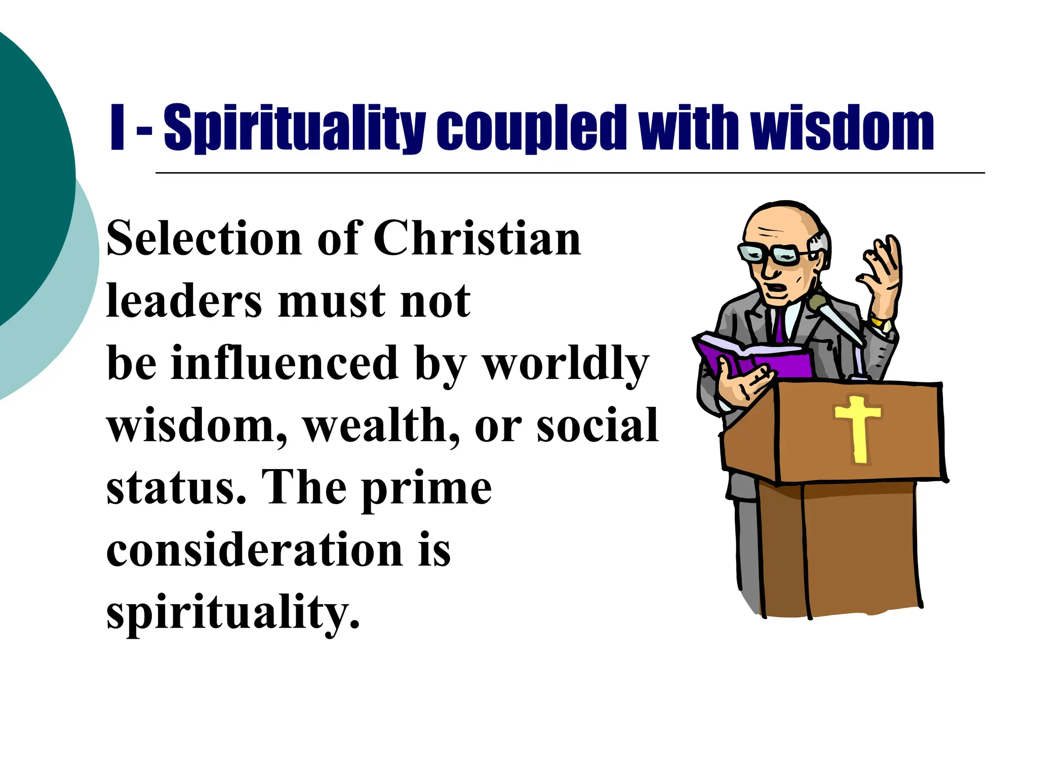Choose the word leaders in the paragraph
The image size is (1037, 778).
click(184, 301)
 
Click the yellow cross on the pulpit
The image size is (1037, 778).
click(858, 429)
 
